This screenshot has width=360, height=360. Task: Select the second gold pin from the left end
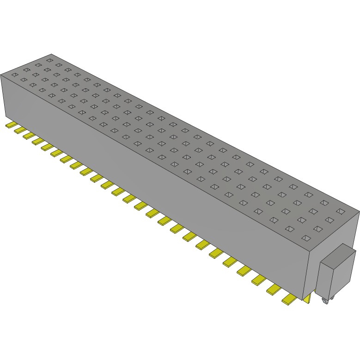coord(18,130)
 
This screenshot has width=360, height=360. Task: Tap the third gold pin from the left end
coord(27,135)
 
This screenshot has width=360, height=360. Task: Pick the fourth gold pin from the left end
coord(37,141)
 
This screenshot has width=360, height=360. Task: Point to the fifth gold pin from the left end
coord(47,147)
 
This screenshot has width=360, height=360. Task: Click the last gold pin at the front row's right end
coord(289,300)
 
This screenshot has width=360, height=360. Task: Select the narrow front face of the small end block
coord(326,282)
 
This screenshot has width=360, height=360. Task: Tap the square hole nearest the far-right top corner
coord(341,211)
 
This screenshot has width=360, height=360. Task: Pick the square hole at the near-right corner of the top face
coord(305,238)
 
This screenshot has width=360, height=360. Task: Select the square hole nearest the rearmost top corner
coord(49,60)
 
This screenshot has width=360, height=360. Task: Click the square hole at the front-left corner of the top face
coord(14,74)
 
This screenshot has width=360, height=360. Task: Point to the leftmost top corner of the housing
coord(1,74)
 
